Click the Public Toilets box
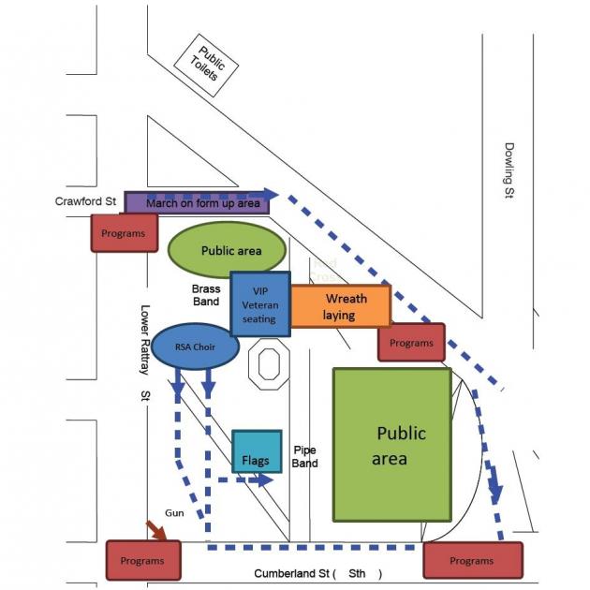(x=205, y=63)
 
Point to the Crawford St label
(x=85, y=200)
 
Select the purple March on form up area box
(x=197, y=202)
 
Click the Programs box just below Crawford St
(x=124, y=232)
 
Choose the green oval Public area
(x=226, y=250)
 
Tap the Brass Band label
(x=206, y=295)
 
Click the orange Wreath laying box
(x=340, y=306)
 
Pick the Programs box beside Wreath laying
(x=411, y=343)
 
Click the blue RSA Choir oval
(x=195, y=345)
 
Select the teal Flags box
(x=256, y=452)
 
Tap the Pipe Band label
(x=305, y=456)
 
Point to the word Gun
(x=174, y=513)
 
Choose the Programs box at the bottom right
(x=471, y=560)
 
